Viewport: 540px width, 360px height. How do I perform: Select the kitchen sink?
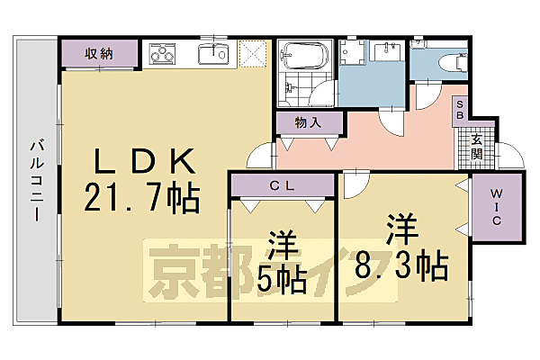point(213,53)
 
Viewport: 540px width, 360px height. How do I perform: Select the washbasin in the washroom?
point(390,49)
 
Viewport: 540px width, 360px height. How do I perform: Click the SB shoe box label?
point(459,109)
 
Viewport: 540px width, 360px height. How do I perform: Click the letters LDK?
point(146,162)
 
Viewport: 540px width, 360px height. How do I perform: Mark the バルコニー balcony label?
point(37,180)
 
